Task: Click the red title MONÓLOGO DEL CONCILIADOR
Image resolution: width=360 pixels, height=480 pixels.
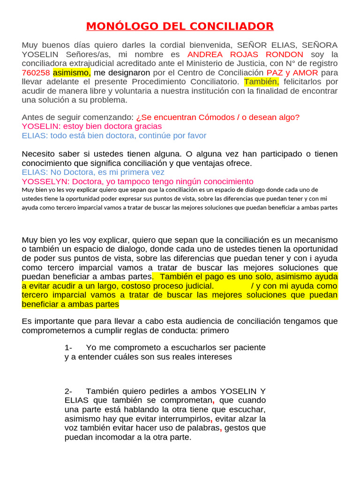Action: (180, 26)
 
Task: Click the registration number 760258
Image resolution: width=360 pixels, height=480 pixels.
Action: (36, 73)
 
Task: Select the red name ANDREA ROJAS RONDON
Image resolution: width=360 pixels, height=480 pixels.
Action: (245, 54)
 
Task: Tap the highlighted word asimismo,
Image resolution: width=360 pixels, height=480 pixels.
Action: (72, 73)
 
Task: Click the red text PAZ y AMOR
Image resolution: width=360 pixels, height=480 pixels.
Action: (292, 73)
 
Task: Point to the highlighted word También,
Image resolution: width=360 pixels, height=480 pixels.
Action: (262, 82)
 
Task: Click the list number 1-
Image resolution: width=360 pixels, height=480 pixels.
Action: (68, 348)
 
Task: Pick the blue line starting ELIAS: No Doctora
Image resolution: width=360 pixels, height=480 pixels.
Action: (93, 172)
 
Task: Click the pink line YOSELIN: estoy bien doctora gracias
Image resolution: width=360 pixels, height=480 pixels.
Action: (91, 127)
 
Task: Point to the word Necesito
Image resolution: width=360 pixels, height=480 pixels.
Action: (41, 154)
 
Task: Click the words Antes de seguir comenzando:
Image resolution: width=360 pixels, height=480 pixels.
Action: (77, 117)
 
